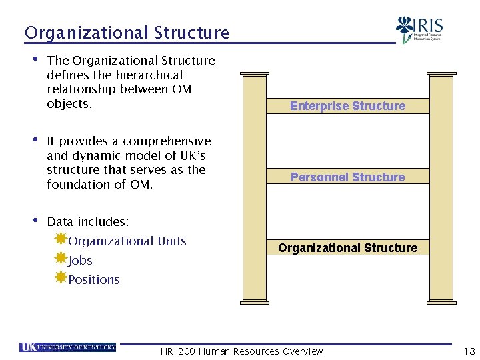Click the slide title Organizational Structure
coord(127,33)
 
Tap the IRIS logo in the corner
coord(419,29)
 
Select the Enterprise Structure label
coord(347,106)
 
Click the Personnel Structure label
coord(347,177)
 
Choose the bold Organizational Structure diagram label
coord(347,248)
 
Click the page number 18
coord(468,351)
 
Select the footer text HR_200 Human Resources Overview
coord(241,351)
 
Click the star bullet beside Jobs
coord(60,258)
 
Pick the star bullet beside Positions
coord(60,277)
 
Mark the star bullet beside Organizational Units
coord(60,239)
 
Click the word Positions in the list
coord(94,280)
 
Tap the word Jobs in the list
coord(80,261)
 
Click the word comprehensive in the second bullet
coord(167,141)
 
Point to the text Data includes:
coord(88,222)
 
